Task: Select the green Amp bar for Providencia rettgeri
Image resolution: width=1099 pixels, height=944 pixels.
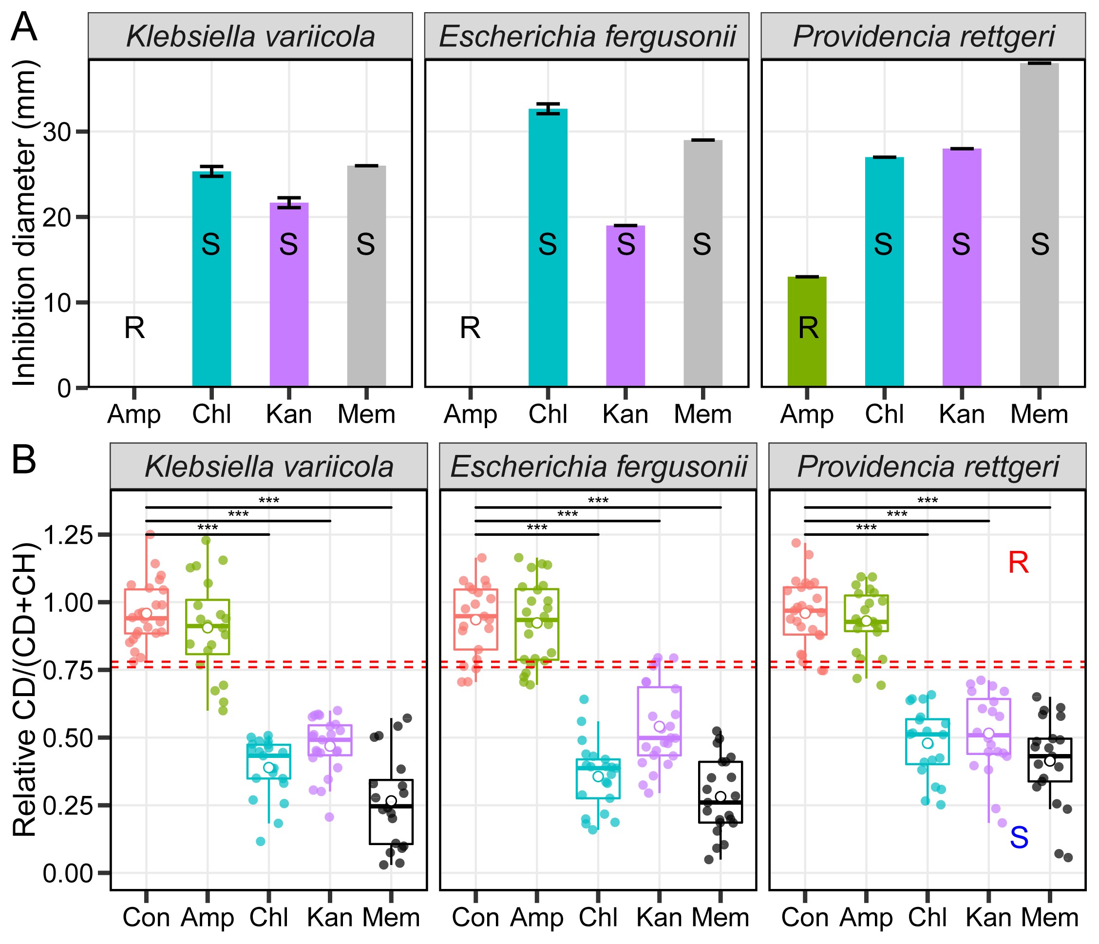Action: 807,331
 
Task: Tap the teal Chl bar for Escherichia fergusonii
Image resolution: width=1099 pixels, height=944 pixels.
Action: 548,246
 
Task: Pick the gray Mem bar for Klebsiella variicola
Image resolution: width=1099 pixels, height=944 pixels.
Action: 366,276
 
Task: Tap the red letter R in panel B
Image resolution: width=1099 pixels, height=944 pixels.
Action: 1019,563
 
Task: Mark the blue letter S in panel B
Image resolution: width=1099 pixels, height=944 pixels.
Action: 1019,838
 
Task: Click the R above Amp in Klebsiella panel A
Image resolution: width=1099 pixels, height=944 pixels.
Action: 134,328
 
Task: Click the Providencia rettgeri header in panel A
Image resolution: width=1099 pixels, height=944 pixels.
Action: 924,36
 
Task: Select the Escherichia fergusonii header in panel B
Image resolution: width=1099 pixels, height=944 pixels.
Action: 598,467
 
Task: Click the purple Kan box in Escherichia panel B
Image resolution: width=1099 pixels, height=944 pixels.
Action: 659,721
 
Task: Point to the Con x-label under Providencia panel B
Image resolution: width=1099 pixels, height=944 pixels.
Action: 805,918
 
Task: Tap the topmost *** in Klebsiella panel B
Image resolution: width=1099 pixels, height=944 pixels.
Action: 269,500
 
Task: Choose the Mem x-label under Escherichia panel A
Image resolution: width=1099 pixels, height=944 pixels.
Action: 703,414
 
